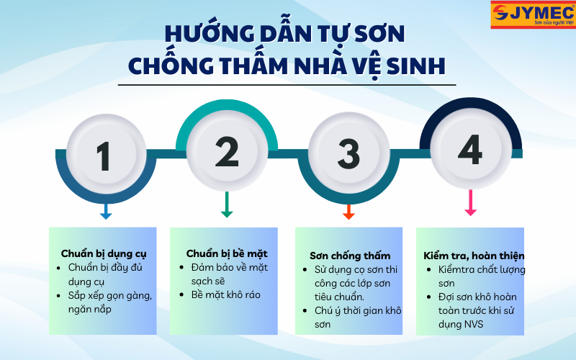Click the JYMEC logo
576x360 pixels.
coord(532,14)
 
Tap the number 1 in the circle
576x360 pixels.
coord(104,155)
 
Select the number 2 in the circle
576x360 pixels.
coord(226,152)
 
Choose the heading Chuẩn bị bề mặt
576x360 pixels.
coord(227,253)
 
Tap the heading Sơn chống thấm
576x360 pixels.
coord(350,256)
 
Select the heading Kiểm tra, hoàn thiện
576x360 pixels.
coord(473,256)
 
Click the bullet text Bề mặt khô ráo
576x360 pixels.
coord(225,294)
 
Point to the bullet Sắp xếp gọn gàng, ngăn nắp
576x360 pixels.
coord(109,302)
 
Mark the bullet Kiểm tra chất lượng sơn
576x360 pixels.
coord(482,276)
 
